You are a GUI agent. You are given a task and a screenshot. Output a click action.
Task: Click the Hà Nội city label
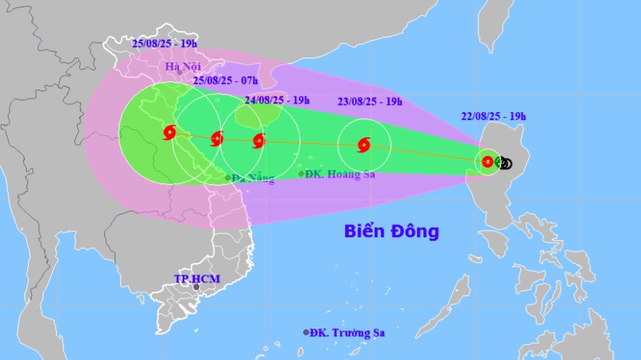(x=181, y=67)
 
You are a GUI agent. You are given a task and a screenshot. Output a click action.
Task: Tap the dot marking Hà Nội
(x=179, y=73)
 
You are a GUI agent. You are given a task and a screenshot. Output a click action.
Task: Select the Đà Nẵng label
(x=253, y=178)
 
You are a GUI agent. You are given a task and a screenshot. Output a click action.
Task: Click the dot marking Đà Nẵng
(x=228, y=177)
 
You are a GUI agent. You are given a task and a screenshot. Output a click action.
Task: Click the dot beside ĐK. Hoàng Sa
(x=301, y=173)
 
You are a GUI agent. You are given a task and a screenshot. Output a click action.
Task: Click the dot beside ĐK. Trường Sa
(x=306, y=333)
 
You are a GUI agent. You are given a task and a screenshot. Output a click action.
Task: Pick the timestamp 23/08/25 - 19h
(x=369, y=101)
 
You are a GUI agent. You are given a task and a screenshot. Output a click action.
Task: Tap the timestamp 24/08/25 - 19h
(x=277, y=100)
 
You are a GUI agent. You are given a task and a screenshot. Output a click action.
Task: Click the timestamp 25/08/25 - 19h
(x=165, y=44)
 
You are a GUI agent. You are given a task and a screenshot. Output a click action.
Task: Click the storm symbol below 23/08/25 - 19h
(x=364, y=145)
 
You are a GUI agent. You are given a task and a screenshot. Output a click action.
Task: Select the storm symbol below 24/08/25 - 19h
(x=259, y=141)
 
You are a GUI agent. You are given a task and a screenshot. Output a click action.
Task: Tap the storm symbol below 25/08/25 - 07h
(x=217, y=139)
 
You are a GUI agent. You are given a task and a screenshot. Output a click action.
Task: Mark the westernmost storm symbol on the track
(x=170, y=132)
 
